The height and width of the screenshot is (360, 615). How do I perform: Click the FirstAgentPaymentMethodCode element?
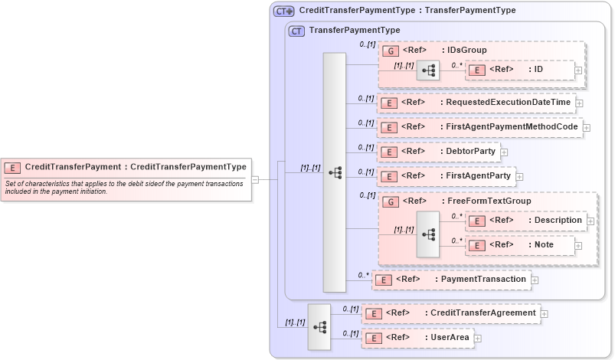tap(479, 127)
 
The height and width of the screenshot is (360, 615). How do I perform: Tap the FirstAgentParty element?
tap(445, 176)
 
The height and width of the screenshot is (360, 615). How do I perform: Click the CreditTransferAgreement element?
tap(450, 313)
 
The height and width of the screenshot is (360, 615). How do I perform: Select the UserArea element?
tap(417, 337)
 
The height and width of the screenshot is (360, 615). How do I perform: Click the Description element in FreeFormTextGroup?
tap(525, 221)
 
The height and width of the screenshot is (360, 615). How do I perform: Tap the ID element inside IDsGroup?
tap(519, 70)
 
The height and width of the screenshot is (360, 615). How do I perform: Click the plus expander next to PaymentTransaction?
tap(535, 280)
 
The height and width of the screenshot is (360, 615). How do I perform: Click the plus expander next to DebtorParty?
tap(504, 152)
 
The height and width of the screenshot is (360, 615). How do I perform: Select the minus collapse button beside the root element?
tap(255, 180)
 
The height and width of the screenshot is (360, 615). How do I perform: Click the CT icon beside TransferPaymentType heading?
tap(296, 31)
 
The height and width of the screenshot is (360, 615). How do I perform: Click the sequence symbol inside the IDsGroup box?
tap(427, 70)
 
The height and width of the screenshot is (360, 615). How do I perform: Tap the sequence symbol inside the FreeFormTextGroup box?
tap(427, 234)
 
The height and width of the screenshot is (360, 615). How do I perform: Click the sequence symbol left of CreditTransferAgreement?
tap(319, 326)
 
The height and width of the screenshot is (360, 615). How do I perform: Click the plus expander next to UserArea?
tap(477, 338)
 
